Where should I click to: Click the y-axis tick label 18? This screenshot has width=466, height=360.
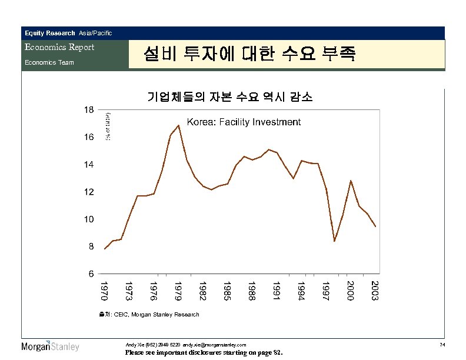88,110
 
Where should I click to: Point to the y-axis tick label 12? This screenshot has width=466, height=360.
88,192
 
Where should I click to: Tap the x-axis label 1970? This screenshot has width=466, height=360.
104,291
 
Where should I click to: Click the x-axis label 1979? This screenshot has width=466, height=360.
178,291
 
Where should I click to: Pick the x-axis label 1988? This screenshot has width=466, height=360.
251,291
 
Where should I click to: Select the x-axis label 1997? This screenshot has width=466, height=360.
325,291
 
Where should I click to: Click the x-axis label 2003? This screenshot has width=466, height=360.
375,291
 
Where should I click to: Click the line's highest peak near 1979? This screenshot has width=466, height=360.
178,125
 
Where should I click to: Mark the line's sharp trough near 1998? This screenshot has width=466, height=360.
334,241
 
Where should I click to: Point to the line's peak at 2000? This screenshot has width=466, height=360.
351,181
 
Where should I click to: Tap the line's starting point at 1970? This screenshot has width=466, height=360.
104,249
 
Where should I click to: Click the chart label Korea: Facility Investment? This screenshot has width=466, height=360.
244,122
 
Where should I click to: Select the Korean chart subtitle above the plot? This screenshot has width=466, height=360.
230,96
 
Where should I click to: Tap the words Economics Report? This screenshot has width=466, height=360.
59,47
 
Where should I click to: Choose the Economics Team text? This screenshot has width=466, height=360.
49,62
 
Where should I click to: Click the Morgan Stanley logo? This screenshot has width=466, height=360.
50,346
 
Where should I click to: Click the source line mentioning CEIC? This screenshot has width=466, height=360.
149,315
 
